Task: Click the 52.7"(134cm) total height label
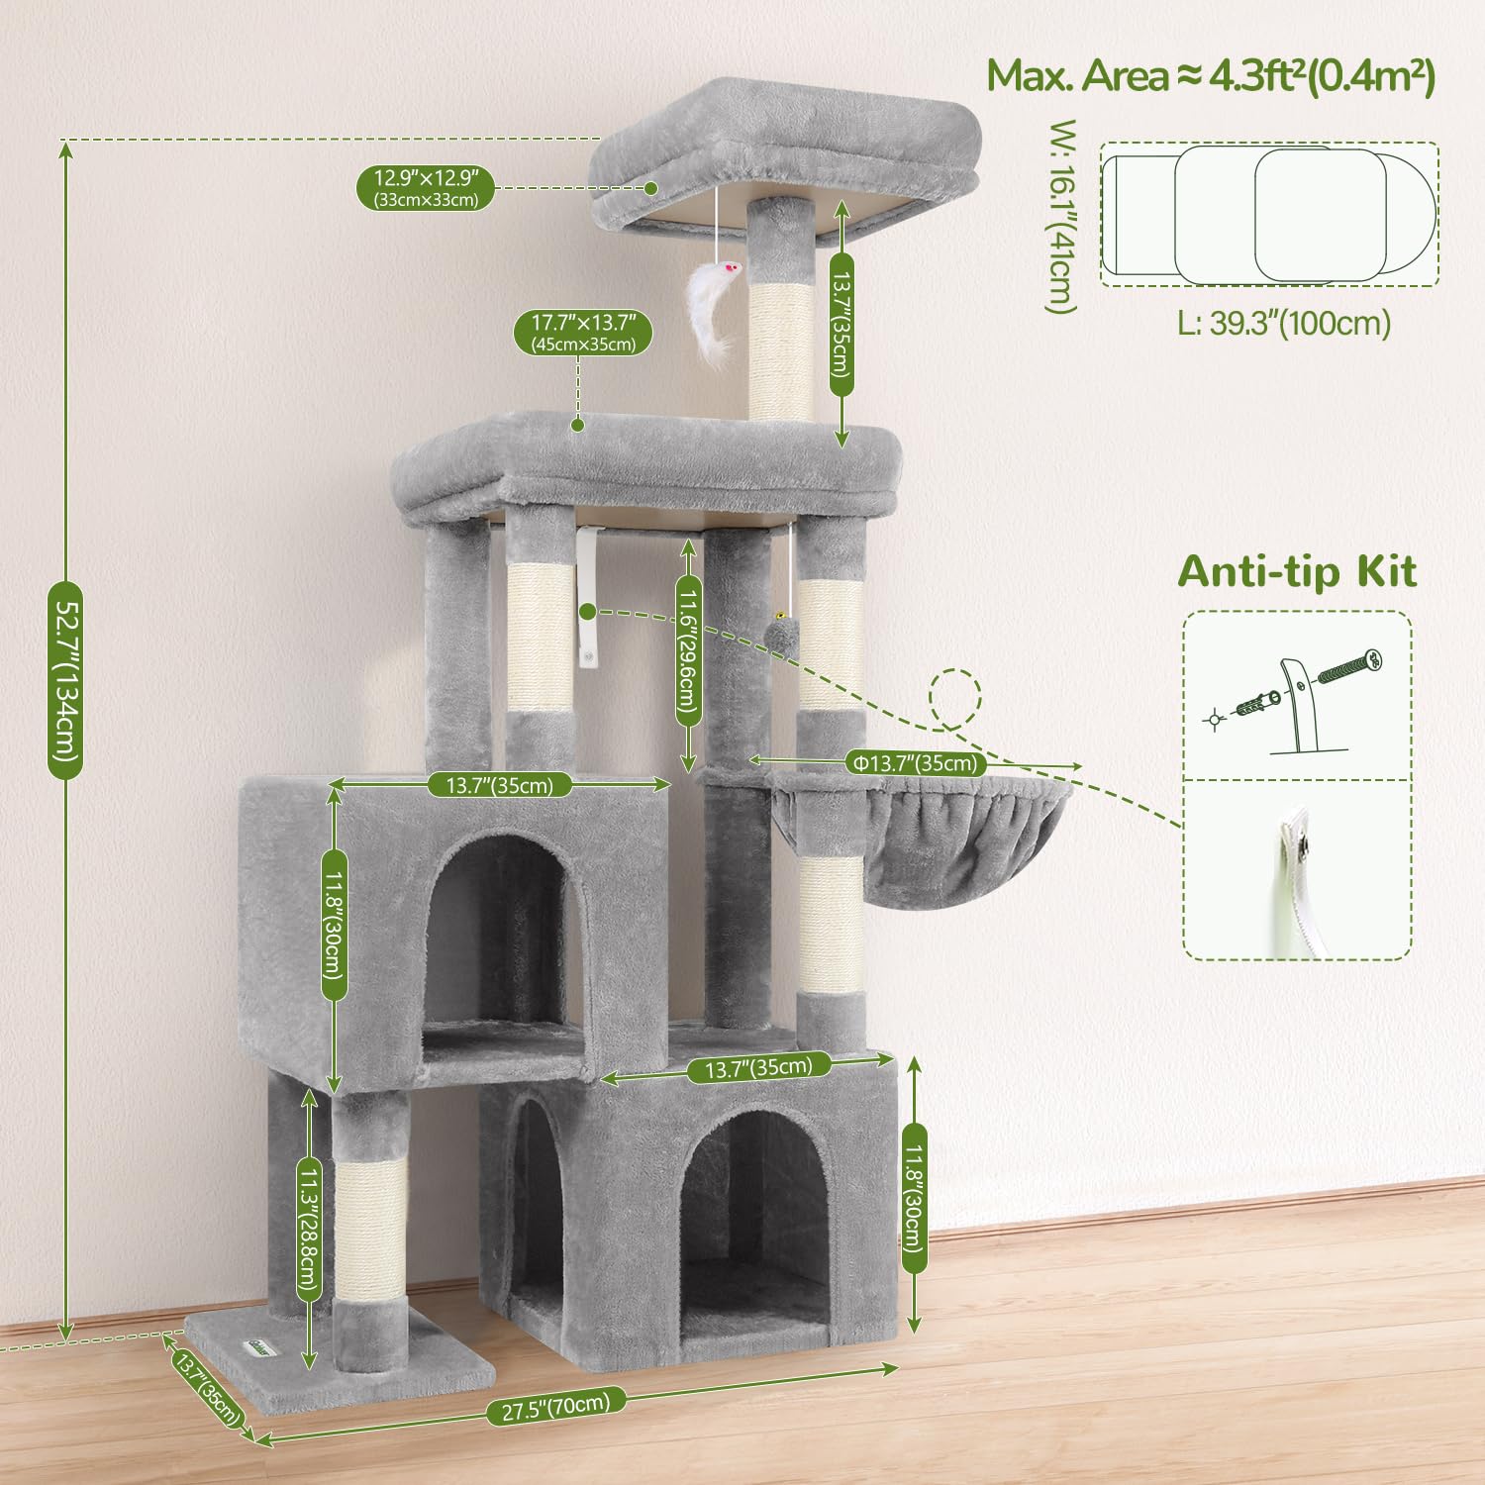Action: pos(65,680)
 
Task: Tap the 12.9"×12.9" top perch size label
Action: pos(426,187)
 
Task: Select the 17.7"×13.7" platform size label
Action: pos(583,332)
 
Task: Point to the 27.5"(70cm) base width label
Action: pos(555,1405)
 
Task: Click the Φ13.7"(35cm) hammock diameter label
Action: pos(916,762)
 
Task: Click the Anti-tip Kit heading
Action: pos(1297,571)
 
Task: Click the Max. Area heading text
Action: pos(1211,76)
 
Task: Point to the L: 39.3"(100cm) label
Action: pos(1284,323)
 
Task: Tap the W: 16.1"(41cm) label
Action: pos(1061,217)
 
